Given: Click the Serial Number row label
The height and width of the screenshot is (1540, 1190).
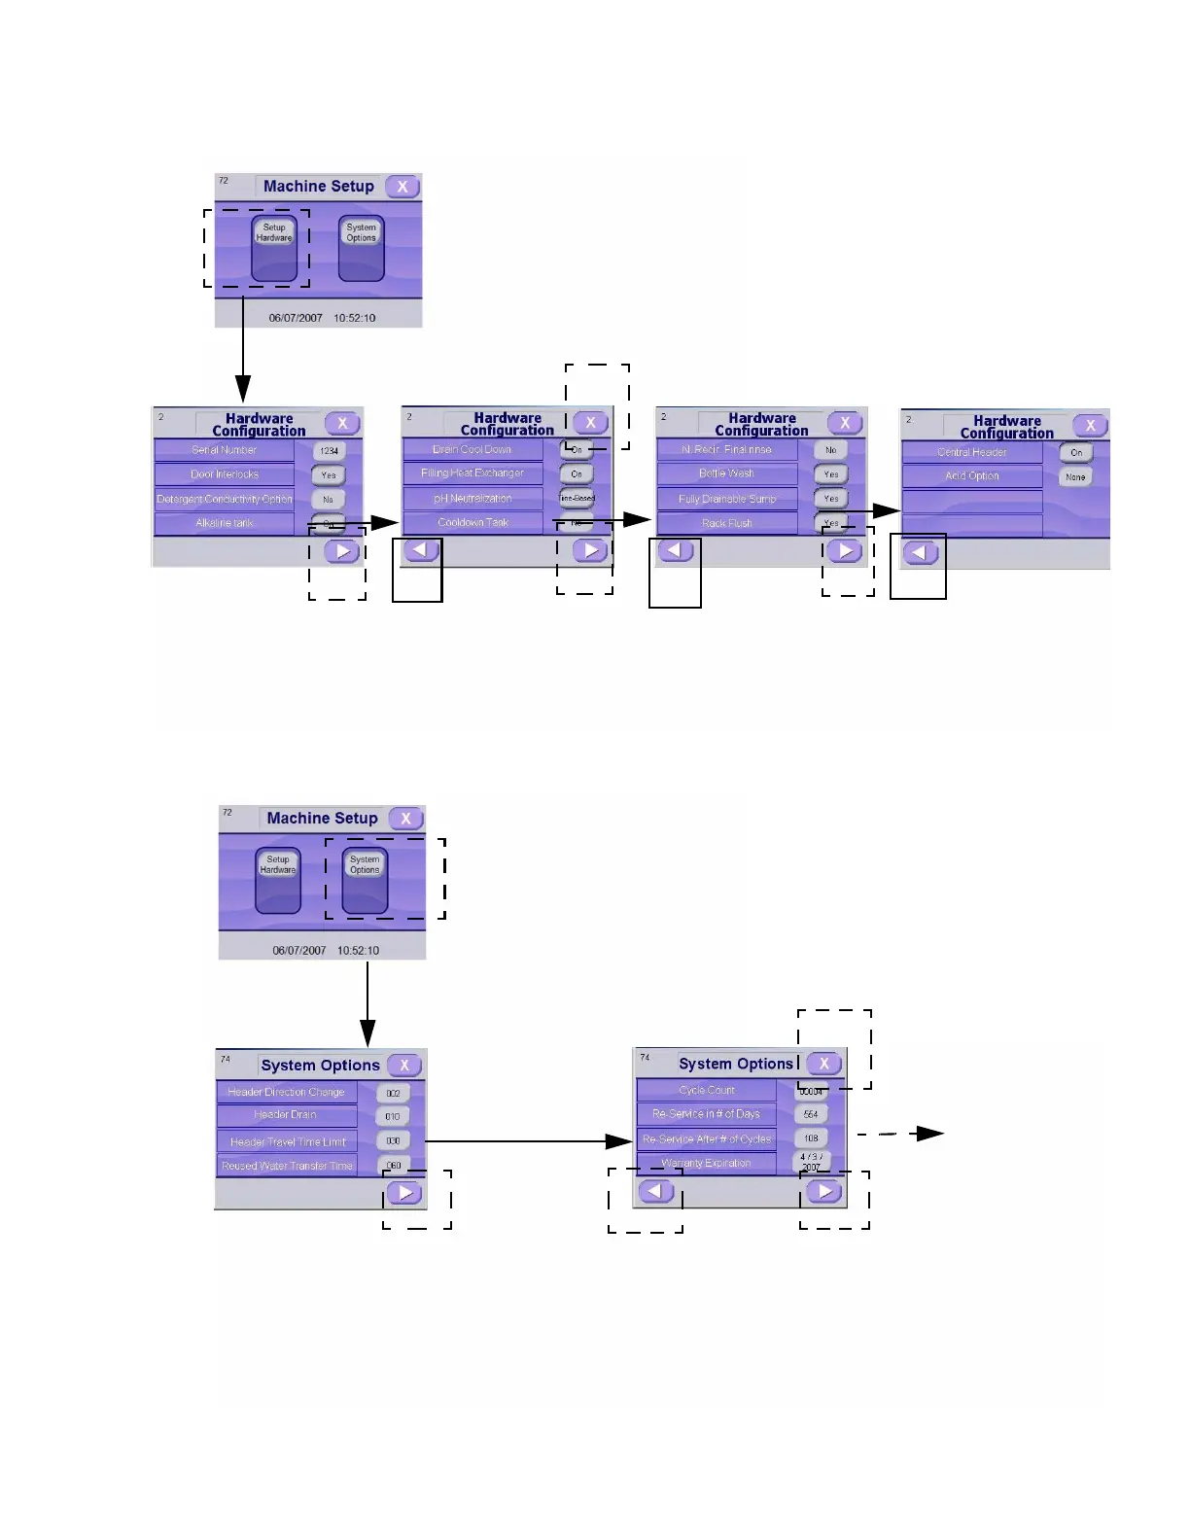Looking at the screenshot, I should coord(225,450).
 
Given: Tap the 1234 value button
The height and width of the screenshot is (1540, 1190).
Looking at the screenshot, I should coord(330,451).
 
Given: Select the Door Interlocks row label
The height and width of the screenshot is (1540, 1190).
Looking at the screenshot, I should coord(225,474).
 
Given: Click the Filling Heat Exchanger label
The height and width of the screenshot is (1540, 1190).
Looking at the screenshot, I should coord(472,473).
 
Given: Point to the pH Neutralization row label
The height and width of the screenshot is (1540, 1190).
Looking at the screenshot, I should coord(472,499).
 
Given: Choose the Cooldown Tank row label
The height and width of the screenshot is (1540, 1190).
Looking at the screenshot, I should coord(472,523).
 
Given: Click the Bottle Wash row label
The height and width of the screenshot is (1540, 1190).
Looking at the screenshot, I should coord(726,473).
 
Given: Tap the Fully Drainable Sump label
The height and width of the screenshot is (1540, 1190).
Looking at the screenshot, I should coord(726,499).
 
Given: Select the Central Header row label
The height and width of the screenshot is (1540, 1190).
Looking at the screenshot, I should coord(971,452).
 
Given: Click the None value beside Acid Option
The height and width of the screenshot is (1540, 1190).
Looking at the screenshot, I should coord(1075,477).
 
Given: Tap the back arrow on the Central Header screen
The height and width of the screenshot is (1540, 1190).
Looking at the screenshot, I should coord(920,553).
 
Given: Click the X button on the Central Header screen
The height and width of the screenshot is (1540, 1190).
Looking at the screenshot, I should coord(1091,426).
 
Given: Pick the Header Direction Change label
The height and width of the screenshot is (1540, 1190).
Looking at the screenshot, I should coord(286,1092).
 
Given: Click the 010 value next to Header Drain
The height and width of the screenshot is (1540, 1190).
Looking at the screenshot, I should coord(393,1117).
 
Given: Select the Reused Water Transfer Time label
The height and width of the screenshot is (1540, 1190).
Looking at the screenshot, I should coord(287,1166).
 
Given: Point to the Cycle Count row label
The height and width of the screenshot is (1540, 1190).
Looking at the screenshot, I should coord(707,1090).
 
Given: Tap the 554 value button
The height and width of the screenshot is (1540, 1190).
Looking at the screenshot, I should coord(811,1114).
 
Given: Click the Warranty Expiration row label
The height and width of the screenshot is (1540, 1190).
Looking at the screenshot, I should coord(707,1163).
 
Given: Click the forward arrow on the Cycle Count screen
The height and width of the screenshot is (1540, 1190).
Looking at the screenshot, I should coord(823,1191).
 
